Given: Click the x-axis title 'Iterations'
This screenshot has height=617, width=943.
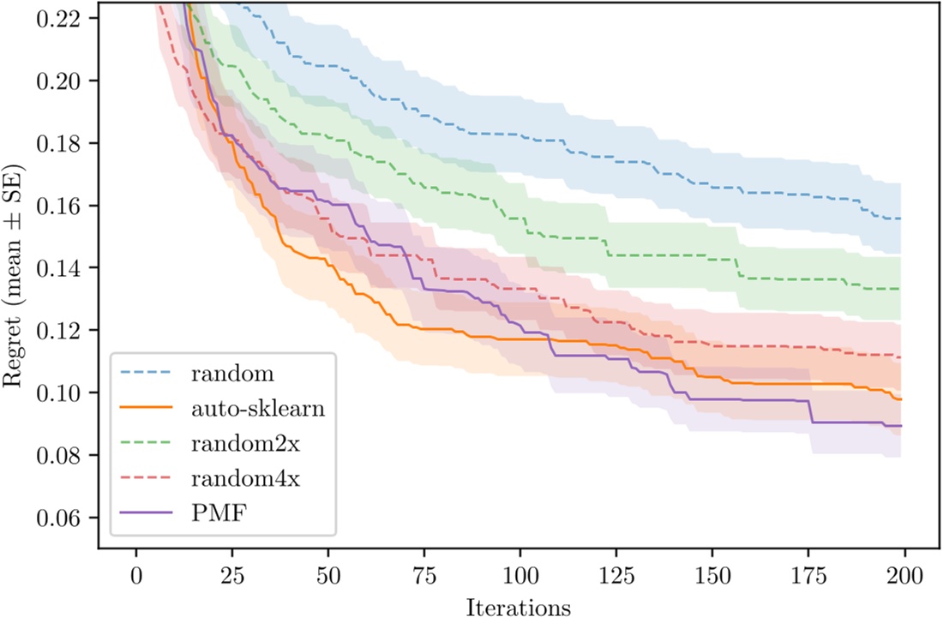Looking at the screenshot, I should [519, 606].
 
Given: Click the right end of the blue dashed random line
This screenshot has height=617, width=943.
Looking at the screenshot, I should [901, 219].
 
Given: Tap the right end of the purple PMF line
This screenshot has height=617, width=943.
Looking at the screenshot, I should [901, 426].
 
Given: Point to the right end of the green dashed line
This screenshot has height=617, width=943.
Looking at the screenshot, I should [901, 289].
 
